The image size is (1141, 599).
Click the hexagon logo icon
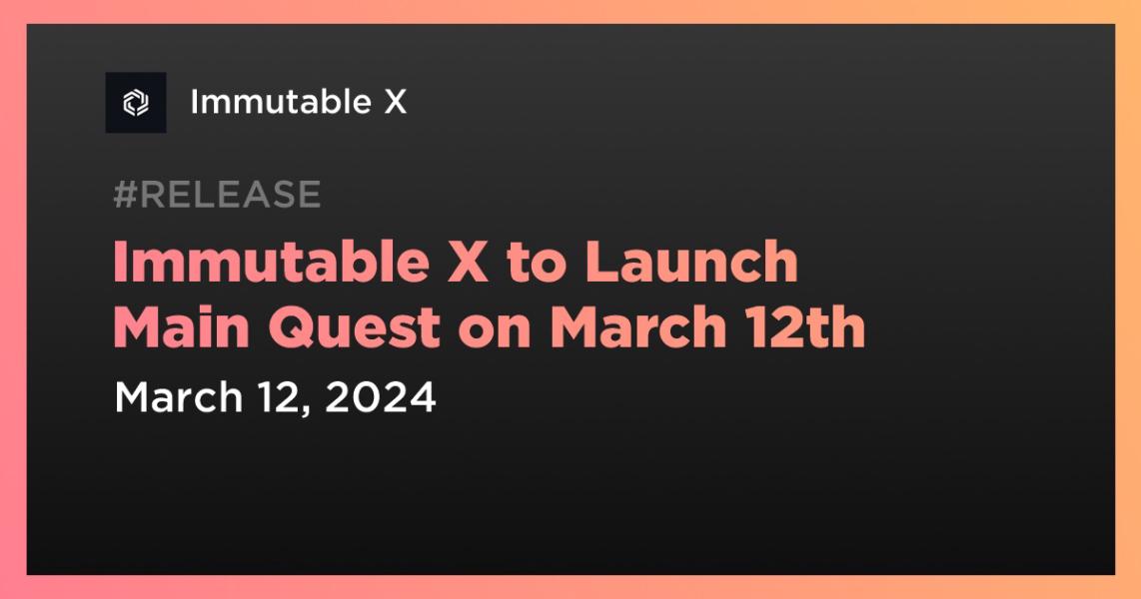click(136, 103)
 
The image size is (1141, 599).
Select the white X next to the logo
click(396, 102)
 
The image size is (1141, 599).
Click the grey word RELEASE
click(230, 195)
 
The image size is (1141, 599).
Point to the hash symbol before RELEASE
click(125, 195)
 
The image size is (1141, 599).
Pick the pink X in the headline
click(472, 264)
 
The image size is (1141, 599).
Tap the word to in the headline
click(538, 264)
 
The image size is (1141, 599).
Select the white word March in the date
click(179, 397)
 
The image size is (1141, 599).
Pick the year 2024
click(381, 397)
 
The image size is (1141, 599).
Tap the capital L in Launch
click(600, 264)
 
